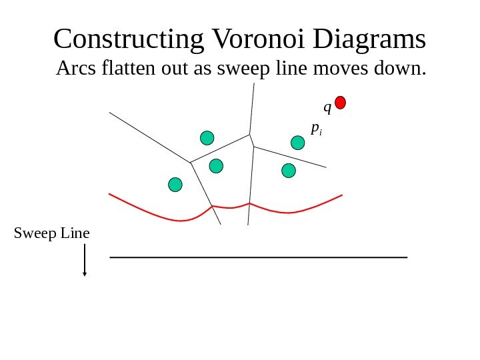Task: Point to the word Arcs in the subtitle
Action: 76,68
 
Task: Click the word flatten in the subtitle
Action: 131,68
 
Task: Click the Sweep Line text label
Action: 51,233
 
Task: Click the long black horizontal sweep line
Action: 258,257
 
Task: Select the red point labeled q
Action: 340,103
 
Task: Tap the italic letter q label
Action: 327,107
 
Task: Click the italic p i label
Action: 315,128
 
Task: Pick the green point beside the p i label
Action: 298,142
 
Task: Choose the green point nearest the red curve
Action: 175,185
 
